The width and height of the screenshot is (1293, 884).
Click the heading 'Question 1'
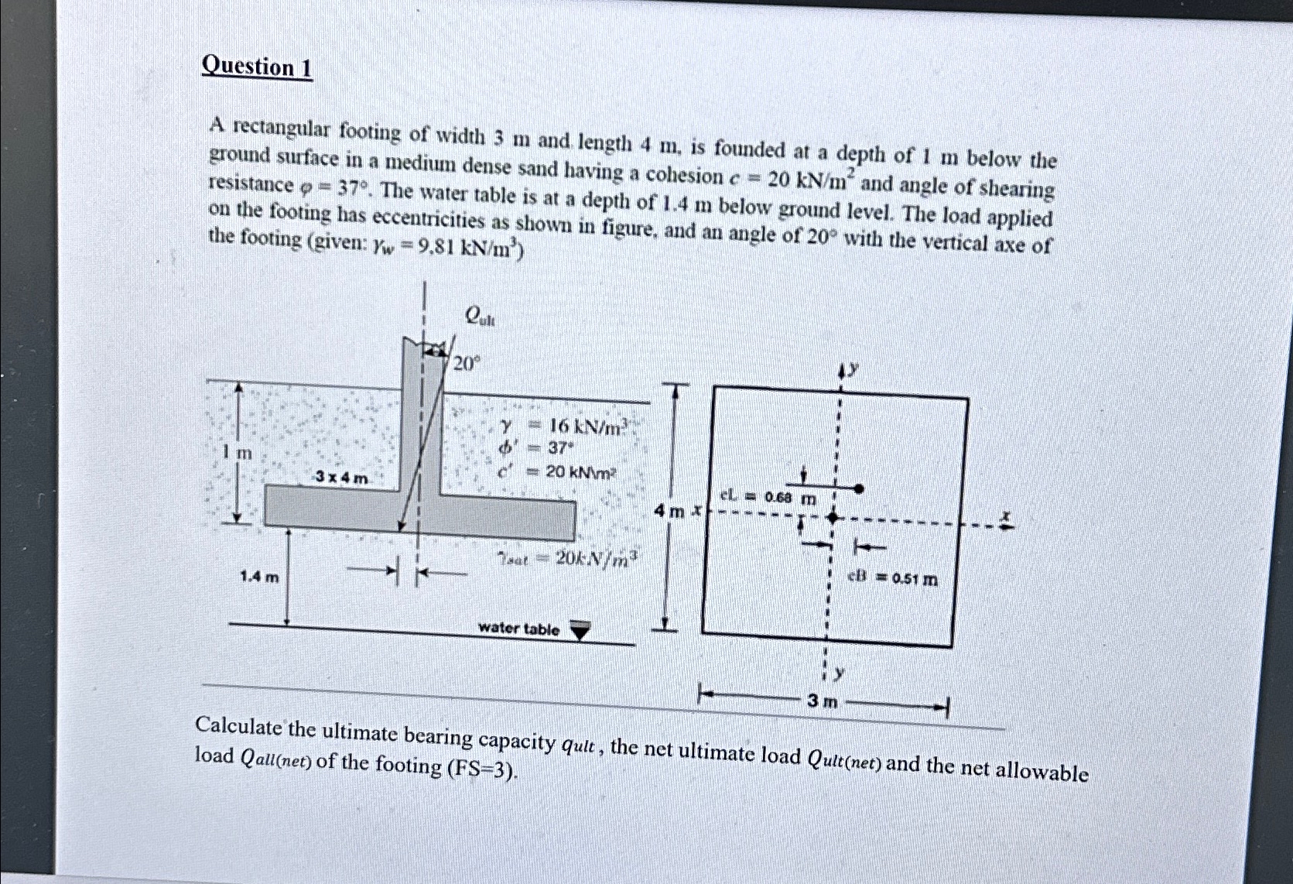[256, 67]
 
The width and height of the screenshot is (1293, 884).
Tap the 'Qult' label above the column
[480, 315]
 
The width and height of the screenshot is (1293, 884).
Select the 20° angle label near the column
[467, 363]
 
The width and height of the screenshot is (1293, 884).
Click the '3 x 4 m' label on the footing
[341, 478]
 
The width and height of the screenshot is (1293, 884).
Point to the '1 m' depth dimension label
[238, 453]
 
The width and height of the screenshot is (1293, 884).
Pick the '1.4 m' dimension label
[259, 576]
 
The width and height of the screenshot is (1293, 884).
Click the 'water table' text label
[518, 629]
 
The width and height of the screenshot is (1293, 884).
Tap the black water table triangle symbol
[580, 631]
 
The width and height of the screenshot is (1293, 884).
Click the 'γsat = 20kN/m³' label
[568, 557]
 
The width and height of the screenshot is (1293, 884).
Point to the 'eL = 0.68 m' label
[768, 497]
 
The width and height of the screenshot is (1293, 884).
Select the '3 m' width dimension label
[821, 701]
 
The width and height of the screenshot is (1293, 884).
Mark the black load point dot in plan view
[858, 488]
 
